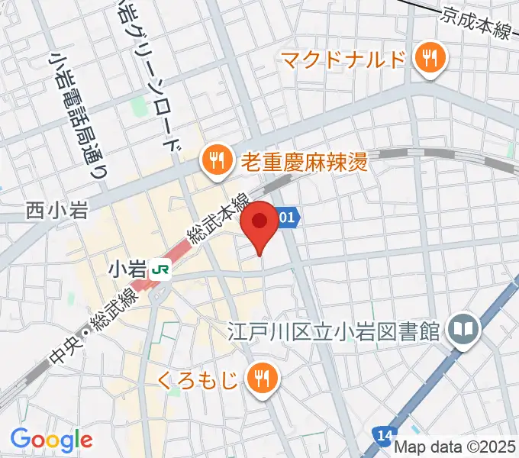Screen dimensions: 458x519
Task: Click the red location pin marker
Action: [259, 223]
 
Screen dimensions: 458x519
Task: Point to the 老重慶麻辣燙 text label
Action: [304, 161]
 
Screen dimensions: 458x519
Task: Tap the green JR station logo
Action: [160, 269]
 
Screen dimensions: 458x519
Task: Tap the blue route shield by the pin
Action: [288, 218]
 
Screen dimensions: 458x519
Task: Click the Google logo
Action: [51, 439]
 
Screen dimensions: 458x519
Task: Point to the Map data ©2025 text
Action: [456, 447]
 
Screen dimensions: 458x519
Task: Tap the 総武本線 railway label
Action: [220, 220]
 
